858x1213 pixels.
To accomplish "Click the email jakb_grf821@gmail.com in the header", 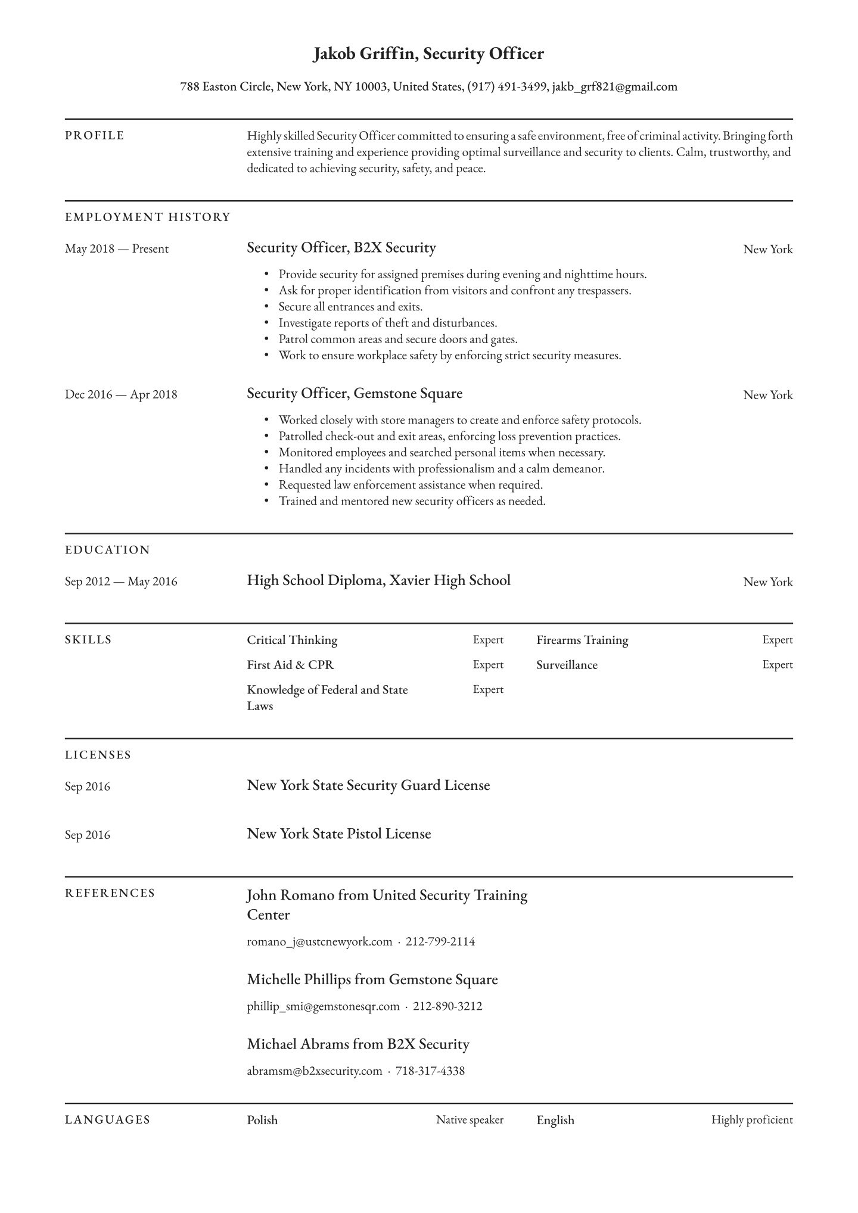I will click(x=614, y=87).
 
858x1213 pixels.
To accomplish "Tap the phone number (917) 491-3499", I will click(x=507, y=87).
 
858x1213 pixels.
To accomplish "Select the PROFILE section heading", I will click(x=95, y=136).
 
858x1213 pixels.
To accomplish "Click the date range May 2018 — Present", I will click(x=117, y=249).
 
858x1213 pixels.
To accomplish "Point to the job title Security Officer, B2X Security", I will click(x=341, y=248).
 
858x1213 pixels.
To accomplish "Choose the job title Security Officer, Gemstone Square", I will click(x=355, y=394).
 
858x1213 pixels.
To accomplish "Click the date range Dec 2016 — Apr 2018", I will click(x=121, y=394).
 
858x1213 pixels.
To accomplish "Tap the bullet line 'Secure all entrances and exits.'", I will click(x=350, y=307).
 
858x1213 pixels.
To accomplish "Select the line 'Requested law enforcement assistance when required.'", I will click(x=411, y=485).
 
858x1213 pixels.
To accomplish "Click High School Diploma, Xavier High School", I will click(x=378, y=581).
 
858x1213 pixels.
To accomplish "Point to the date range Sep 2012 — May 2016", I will click(x=121, y=581).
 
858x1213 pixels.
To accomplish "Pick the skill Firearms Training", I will click(x=582, y=640).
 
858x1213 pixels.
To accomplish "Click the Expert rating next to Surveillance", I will click(x=777, y=665).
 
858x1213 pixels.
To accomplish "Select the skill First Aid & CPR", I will click(x=291, y=665).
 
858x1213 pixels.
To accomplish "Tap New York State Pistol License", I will click(x=338, y=834).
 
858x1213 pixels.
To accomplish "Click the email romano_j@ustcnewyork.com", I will click(x=319, y=942).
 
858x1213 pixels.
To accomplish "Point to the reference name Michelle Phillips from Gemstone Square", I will click(x=372, y=979).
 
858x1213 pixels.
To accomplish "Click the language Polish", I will click(x=262, y=1120).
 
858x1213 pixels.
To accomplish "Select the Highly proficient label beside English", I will click(x=752, y=1120).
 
